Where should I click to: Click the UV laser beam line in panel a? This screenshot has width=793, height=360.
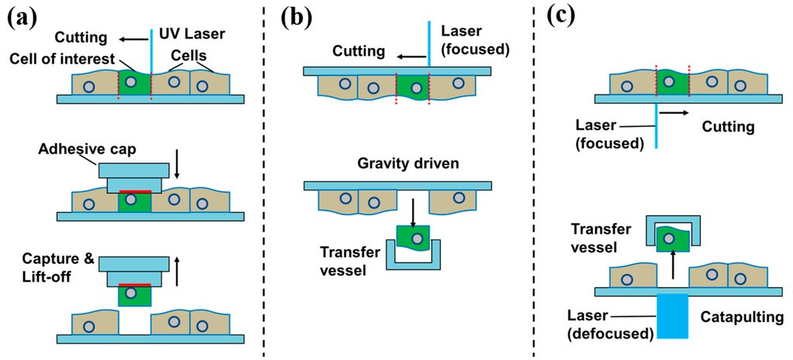[152, 46]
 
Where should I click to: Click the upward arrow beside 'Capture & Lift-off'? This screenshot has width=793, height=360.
[180, 272]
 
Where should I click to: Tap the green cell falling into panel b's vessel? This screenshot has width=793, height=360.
[414, 236]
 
